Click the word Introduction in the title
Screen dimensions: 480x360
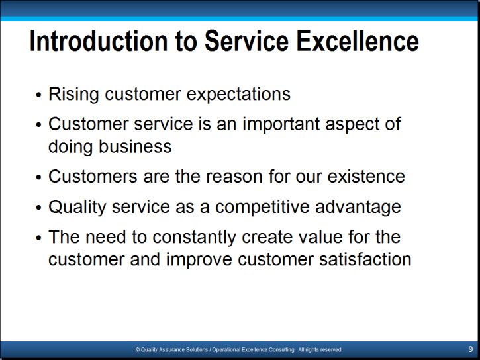click(99, 41)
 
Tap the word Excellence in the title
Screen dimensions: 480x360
click(358, 41)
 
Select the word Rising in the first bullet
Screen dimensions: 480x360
click(73, 94)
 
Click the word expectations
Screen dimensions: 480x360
click(238, 94)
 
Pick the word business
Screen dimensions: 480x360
click(135, 146)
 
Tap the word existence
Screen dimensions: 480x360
click(366, 177)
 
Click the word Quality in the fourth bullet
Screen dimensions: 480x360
click(77, 207)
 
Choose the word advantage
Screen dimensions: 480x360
click(358, 207)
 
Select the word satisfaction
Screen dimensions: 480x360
click(365, 259)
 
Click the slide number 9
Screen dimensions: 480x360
click(471, 349)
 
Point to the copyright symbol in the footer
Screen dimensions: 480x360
click(138, 349)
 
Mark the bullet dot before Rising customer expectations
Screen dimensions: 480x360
click(38, 95)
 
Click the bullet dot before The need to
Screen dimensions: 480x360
click(38, 238)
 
